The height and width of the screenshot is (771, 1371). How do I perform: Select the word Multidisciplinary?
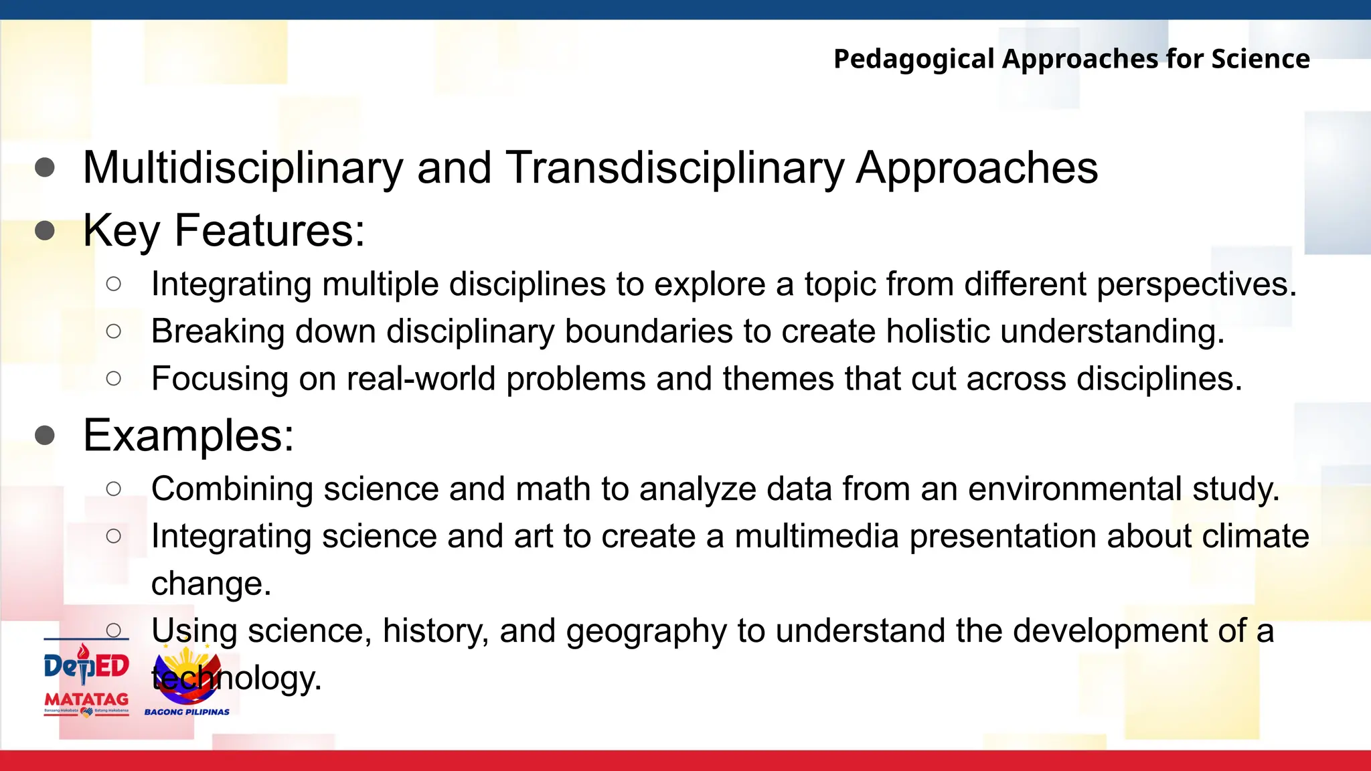[x=242, y=167]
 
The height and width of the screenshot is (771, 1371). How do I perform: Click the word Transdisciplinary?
[x=674, y=167]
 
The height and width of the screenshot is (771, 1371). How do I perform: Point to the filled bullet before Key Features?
[x=45, y=231]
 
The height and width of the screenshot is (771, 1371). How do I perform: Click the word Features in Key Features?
[x=269, y=231]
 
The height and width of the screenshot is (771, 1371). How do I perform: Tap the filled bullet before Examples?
[x=45, y=436]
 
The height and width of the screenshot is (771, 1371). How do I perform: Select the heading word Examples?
[x=188, y=436]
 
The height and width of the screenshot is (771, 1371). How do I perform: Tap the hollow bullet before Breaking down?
[x=114, y=331]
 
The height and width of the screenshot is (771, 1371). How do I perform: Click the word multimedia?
[x=816, y=537]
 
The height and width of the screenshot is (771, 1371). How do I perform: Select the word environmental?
[x=1074, y=489]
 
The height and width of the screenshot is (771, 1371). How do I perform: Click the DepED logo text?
[x=86, y=667]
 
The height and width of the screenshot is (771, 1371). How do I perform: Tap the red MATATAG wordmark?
[x=86, y=699]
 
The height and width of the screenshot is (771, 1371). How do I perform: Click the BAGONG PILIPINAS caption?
[x=187, y=712]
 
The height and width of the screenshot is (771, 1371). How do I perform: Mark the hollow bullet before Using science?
[x=114, y=630]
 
